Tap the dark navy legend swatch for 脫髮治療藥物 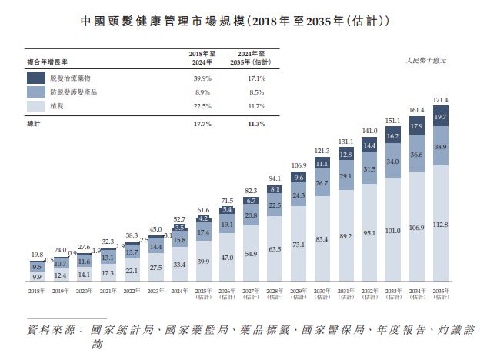coord(36,78)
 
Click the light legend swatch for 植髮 coord(36,105)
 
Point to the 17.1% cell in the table coord(256,78)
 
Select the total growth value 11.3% coord(256,123)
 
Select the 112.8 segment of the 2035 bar coord(440,225)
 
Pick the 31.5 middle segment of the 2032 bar coord(369,169)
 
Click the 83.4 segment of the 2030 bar coord(322,239)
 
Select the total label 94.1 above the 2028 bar coord(275,177)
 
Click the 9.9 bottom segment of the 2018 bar coord(38,275)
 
